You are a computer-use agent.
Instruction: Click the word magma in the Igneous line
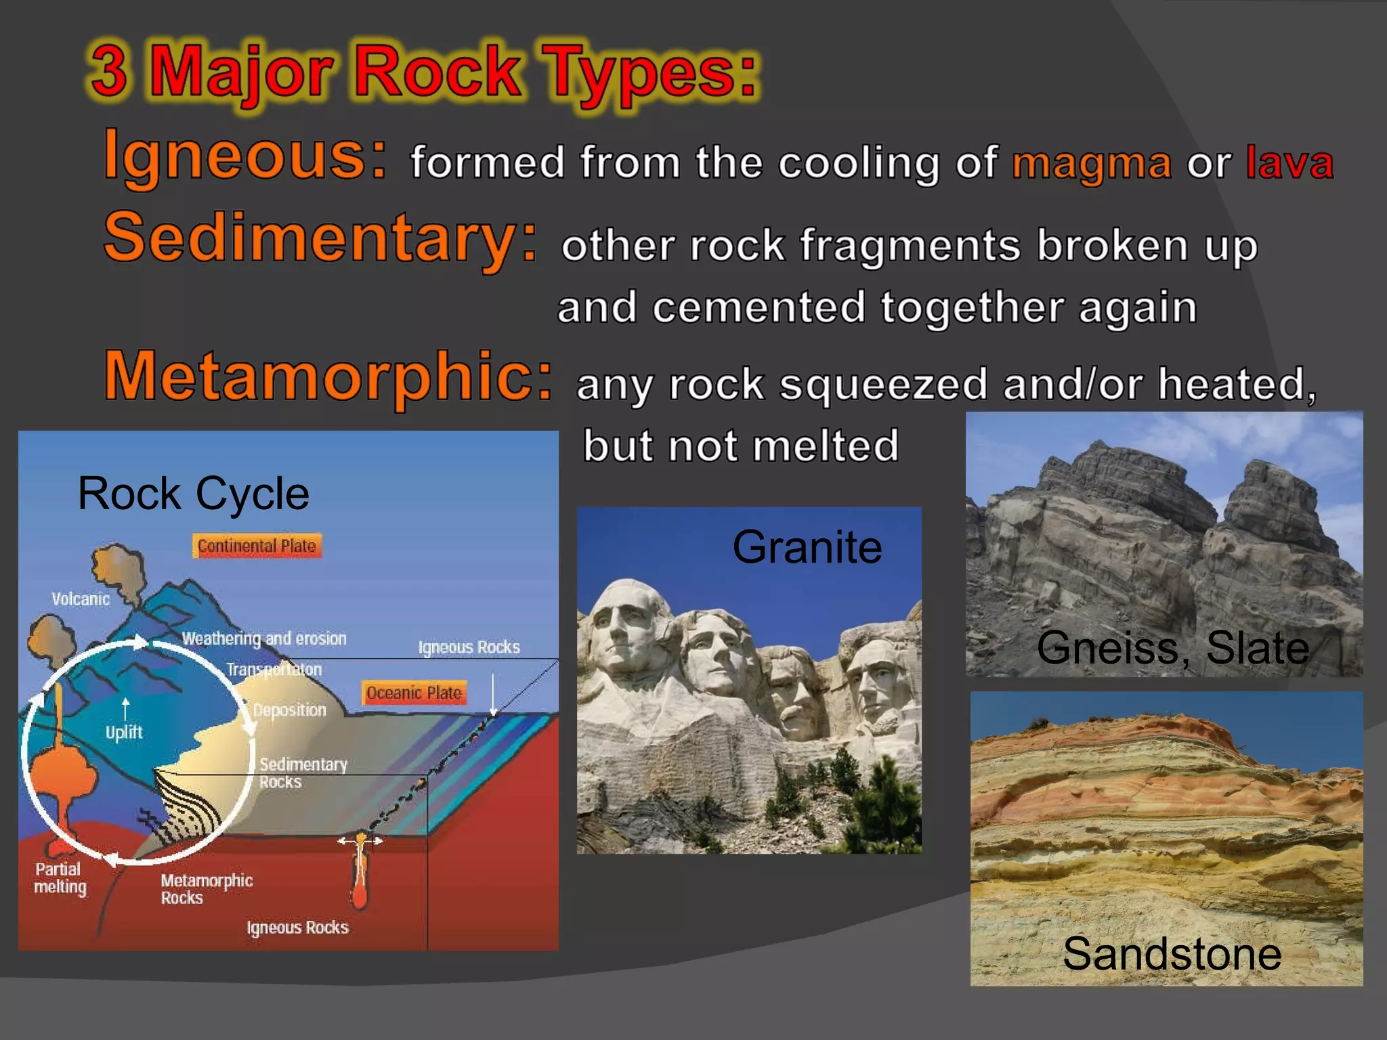click(1091, 165)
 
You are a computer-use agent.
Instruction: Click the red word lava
click(1289, 163)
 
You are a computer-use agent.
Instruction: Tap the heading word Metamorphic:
click(328, 377)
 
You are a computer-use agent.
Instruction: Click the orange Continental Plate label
click(257, 546)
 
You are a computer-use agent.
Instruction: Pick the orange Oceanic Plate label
click(414, 693)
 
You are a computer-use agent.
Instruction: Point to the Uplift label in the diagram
click(124, 732)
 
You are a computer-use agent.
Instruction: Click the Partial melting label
click(60, 878)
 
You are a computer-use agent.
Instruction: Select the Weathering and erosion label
click(264, 638)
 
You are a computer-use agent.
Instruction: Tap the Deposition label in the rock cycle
click(289, 710)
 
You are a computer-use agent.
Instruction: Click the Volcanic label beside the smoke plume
click(81, 599)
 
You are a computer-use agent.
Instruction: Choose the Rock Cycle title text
click(193, 494)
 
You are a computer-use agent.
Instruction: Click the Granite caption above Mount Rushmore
click(807, 547)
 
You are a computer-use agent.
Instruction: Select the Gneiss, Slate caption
click(1172, 648)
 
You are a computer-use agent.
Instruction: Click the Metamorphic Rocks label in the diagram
click(206, 889)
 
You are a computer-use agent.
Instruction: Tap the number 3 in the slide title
click(109, 72)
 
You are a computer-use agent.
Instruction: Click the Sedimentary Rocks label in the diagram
click(303, 773)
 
